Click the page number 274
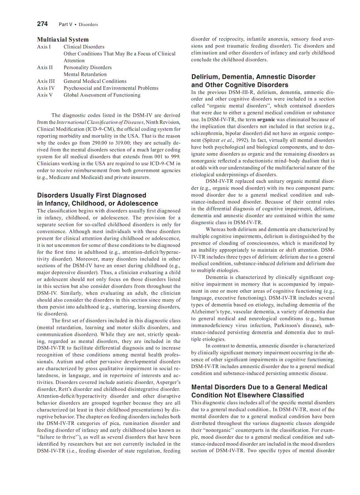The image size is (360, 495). pos(42,24)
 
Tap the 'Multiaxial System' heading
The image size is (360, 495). pos(63,39)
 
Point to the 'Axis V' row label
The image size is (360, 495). pos(45,95)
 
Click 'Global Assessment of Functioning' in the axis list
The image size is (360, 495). pos(102,95)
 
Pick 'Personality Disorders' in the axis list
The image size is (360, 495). pos(87,67)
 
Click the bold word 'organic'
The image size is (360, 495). pos(266,119)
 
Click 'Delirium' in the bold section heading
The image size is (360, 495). pos(206,77)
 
